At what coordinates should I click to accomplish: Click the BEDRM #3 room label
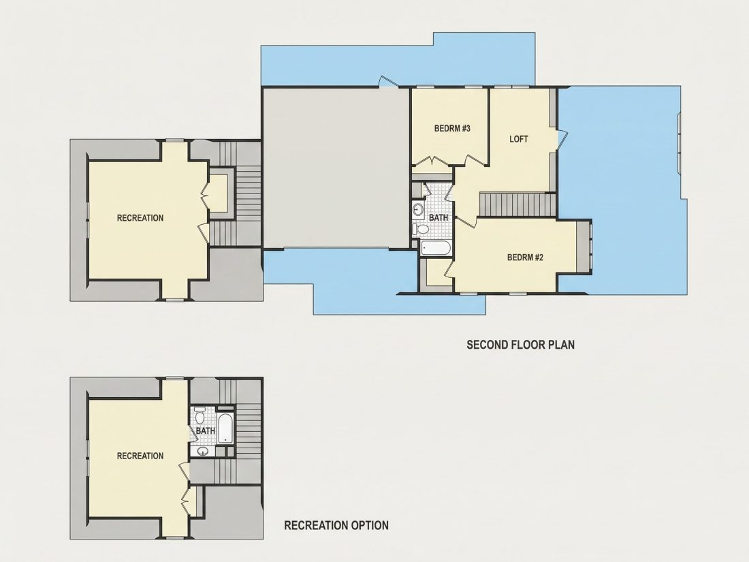[452, 129]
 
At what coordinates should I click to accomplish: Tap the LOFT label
[519, 139]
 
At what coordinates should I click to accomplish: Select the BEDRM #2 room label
[526, 257]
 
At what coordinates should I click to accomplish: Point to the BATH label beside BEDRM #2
[439, 217]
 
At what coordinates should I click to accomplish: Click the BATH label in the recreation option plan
[206, 431]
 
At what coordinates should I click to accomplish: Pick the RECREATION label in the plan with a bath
[140, 456]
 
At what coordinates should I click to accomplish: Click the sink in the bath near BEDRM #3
[419, 209]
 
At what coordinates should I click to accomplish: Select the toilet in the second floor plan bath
[420, 229]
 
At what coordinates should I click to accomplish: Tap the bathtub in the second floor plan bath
[436, 248]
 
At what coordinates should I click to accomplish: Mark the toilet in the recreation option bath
[200, 416]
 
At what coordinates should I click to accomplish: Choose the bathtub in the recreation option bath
[225, 428]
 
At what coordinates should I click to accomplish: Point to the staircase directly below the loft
[517, 204]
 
